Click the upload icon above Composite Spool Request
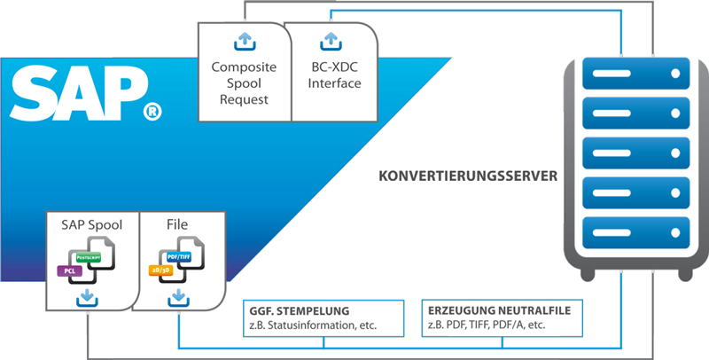tap(244, 41)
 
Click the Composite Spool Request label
tap(244, 83)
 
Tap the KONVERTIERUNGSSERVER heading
tap(467, 176)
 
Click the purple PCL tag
tap(69, 270)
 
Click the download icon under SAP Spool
tap(88, 297)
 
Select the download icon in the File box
tap(179, 297)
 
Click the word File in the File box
tap(178, 225)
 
